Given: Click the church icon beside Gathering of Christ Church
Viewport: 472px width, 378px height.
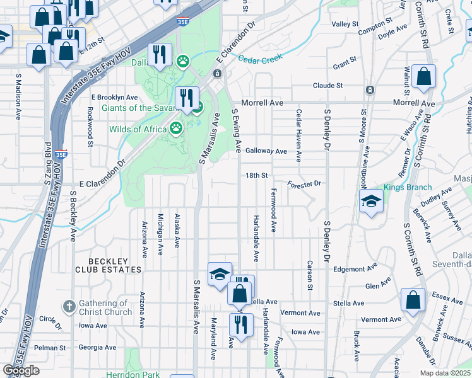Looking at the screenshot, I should pos(69,307).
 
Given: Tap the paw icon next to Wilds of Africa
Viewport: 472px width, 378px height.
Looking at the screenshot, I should pos(177,129).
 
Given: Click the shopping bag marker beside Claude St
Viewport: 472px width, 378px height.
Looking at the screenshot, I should pos(423,76).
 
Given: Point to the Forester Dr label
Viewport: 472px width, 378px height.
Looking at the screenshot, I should pos(304,184).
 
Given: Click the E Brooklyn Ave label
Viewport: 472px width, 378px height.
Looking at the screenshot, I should pos(114,98).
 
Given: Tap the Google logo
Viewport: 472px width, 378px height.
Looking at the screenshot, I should pos(21,370).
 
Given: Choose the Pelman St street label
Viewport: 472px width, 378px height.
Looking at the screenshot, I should pos(50,347).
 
